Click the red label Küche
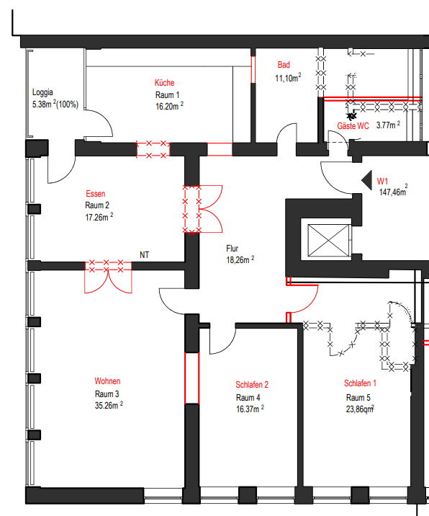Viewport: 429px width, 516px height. (163, 83)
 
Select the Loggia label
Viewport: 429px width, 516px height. (43, 93)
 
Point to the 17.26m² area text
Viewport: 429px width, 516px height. (99, 216)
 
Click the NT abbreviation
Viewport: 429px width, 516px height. (145, 255)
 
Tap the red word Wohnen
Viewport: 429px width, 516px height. (107, 381)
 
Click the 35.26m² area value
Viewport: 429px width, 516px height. (109, 405)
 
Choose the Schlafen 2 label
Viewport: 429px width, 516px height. (251, 385)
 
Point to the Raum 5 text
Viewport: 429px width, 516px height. (358, 397)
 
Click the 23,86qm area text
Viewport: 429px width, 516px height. (359, 409)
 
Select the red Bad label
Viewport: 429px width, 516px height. (284, 66)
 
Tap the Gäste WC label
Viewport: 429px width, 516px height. (353, 126)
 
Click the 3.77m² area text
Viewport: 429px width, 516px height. (389, 125)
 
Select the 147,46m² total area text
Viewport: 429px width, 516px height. (393, 192)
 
